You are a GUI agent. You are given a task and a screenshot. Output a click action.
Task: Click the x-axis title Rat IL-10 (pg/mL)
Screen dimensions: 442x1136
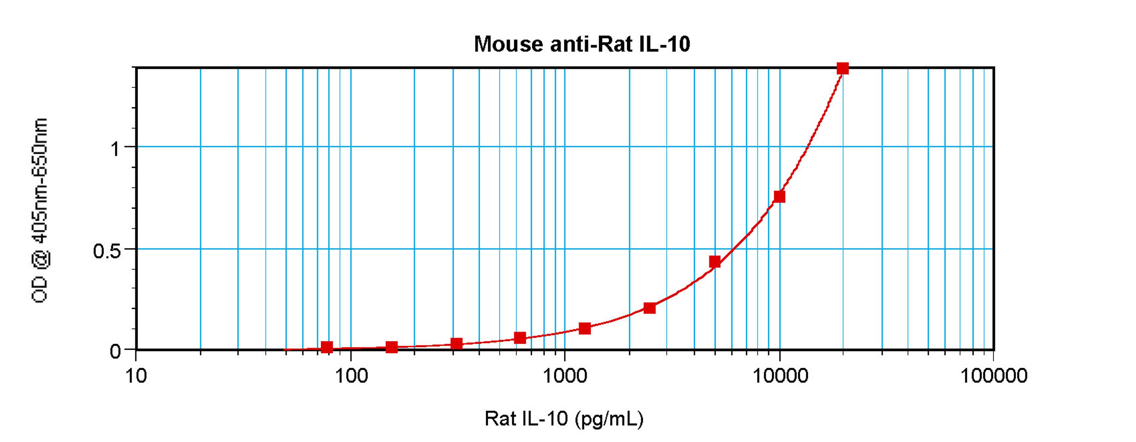click(564, 418)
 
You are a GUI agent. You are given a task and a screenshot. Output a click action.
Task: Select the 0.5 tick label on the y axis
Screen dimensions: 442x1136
click(107, 251)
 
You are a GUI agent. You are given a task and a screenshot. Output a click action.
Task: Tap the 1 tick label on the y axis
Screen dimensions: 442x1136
click(116, 149)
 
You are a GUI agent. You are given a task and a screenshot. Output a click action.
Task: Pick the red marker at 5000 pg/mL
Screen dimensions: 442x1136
click(715, 262)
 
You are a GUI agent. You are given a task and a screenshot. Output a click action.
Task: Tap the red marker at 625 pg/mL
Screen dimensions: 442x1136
click(520, 338)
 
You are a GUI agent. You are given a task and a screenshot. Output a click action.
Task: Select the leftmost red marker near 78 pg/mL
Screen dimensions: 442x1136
click(327, 347)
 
